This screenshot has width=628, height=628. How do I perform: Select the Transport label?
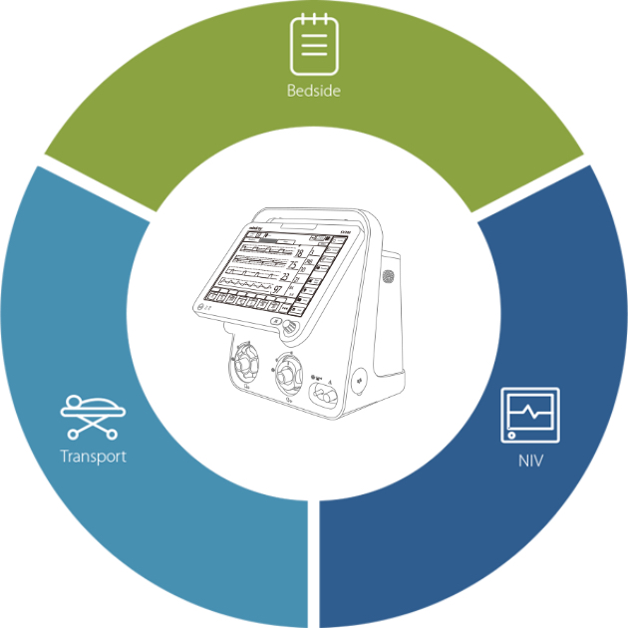tap(92, 458)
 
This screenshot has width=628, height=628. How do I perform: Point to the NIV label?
tap(529, 463)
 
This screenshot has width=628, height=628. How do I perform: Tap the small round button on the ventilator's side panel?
tap(360, 378)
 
